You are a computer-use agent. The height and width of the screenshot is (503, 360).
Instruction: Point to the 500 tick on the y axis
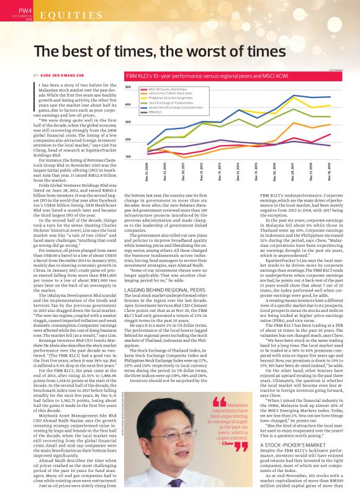coord(128,87)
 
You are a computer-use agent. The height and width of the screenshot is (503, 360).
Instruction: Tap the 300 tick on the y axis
coord(128,122)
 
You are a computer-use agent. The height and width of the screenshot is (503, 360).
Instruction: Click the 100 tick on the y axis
coord(128,156)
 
